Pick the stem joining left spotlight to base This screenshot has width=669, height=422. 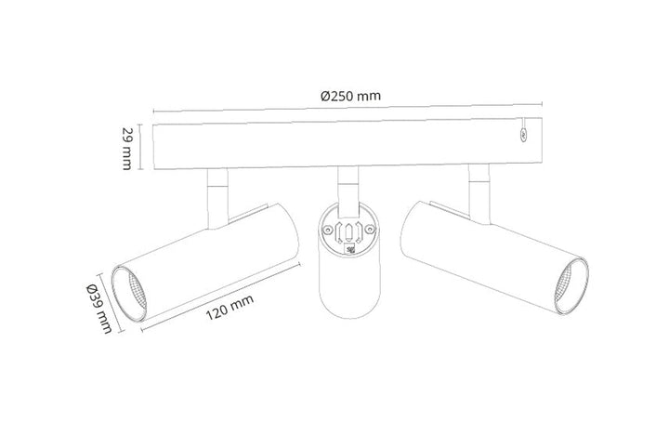pos(216,197)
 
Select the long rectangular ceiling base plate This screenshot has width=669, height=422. pos(349,148)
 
